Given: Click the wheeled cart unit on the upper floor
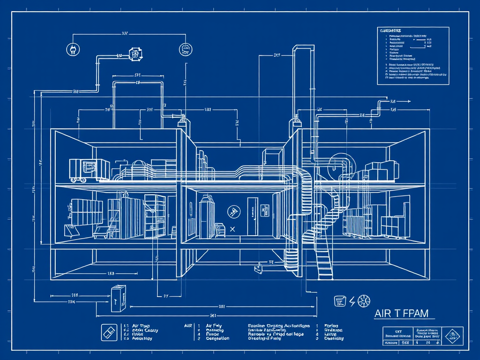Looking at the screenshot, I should pos(82,169).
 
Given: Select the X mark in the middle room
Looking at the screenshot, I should pos(232,229).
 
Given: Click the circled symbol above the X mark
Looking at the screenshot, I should pos(232,212).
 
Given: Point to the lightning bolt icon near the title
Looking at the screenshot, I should pos(352,301).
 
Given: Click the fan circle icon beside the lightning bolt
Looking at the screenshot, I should pos(364,301).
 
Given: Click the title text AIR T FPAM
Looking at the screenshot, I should pos(401,314).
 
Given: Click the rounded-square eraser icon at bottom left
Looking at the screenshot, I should pos(109,332).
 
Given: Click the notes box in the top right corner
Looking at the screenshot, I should pos(412,55).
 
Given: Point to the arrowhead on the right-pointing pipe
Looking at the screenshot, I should pos(409,101).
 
